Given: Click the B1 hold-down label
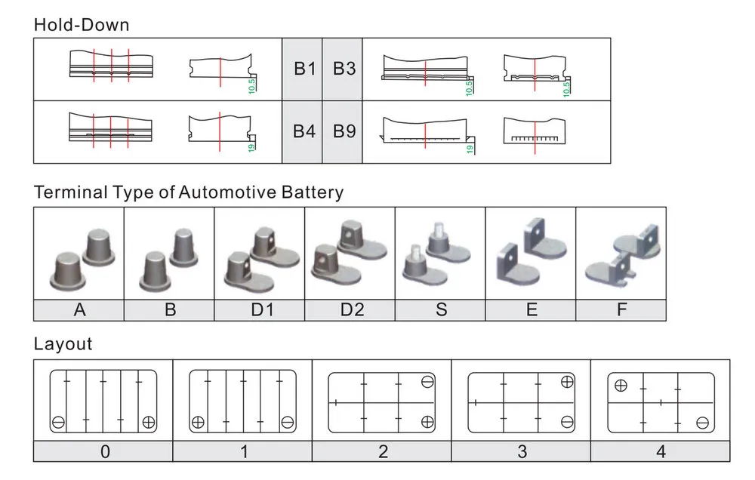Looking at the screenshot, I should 304,69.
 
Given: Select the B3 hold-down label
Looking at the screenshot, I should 344,69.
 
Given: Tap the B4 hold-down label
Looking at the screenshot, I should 304,131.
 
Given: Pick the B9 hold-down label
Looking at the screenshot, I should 344,131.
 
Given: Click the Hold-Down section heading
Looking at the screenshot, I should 82,25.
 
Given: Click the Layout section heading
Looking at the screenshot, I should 63,344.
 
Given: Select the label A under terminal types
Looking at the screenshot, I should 79,309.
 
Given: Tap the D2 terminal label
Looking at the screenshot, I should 350,309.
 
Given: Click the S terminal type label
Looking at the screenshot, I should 441,309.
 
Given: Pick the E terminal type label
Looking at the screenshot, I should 532,309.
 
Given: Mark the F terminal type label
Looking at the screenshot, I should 621,309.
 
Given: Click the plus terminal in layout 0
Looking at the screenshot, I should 149,421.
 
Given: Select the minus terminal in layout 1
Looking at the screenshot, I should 287,421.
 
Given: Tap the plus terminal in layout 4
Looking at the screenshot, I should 621,385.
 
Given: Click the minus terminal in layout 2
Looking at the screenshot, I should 427,382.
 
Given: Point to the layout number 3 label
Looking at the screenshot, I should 522,452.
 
